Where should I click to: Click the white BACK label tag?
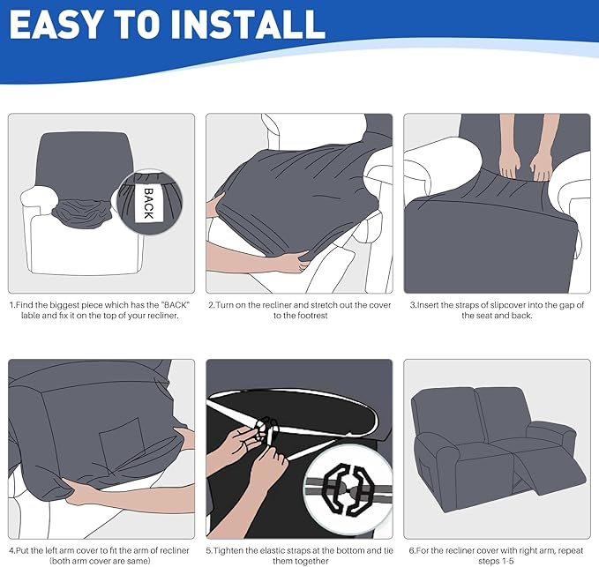(x=149, y=203)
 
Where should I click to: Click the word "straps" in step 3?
(x=455, y=305)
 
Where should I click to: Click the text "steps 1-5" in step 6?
(x=496, y=561)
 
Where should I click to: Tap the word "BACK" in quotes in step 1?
(x=176, y=305)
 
